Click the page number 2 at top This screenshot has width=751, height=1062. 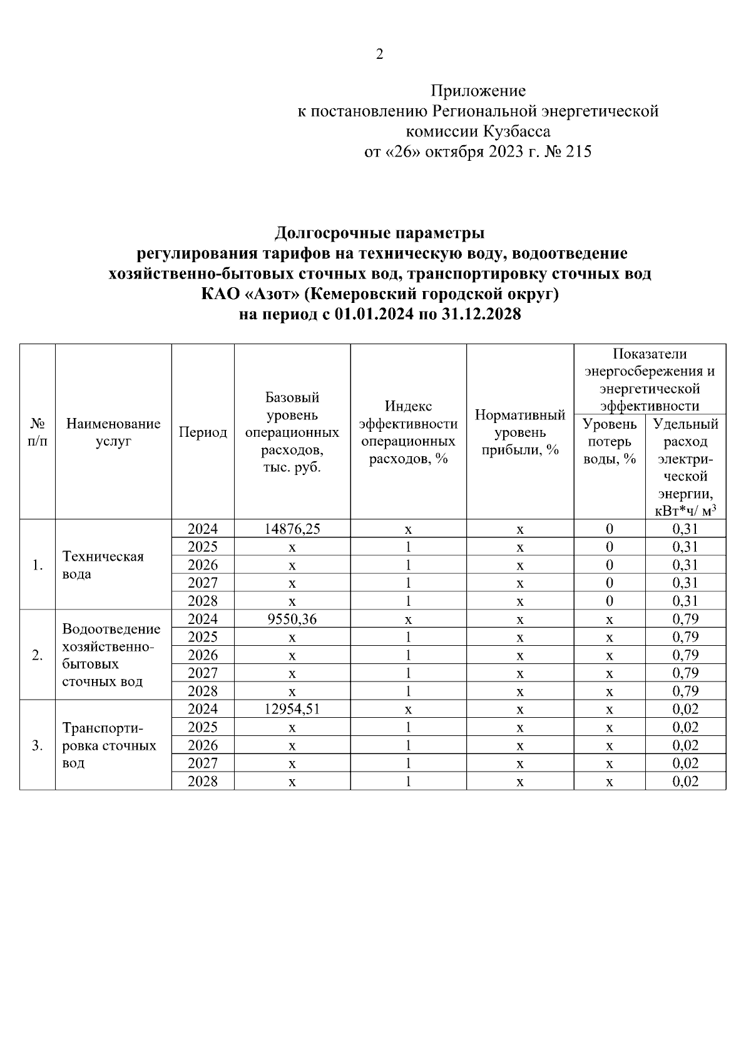(x=379, y=54)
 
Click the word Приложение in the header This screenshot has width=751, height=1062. (x=478, y=91)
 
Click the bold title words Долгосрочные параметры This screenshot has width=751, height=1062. (x=379, y=233)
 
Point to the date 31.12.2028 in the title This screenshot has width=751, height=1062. (x=481, y=314)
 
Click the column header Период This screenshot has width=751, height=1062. (x=203, y=432)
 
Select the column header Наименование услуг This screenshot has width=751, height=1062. (x=113, y=432)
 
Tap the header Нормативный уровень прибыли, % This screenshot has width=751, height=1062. (x=519, y=432)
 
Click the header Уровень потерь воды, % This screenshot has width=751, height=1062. (x=610, y=441)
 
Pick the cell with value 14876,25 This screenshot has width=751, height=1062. (x=292, y=529)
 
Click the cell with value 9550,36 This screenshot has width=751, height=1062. (x=292, y=619)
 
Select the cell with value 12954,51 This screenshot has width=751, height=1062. (x=292, y=709)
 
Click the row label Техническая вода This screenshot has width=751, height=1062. (x=103, y=565)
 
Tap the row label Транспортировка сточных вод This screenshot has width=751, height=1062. (x=109, y=745)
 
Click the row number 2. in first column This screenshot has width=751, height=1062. (x=38, y=655)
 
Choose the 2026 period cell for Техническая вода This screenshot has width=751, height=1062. (x=203, y=565)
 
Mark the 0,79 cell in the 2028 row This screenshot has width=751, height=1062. (x=685, y=692)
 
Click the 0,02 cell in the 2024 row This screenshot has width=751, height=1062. (x=685, y=709)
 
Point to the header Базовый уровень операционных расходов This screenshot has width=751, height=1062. (x=292, y=432)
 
